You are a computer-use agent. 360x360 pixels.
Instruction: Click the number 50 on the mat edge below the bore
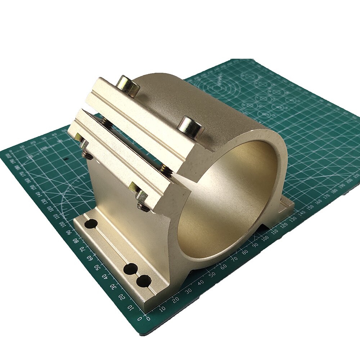pos(207,276)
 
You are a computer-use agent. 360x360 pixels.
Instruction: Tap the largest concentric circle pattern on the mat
pos(216,88)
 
